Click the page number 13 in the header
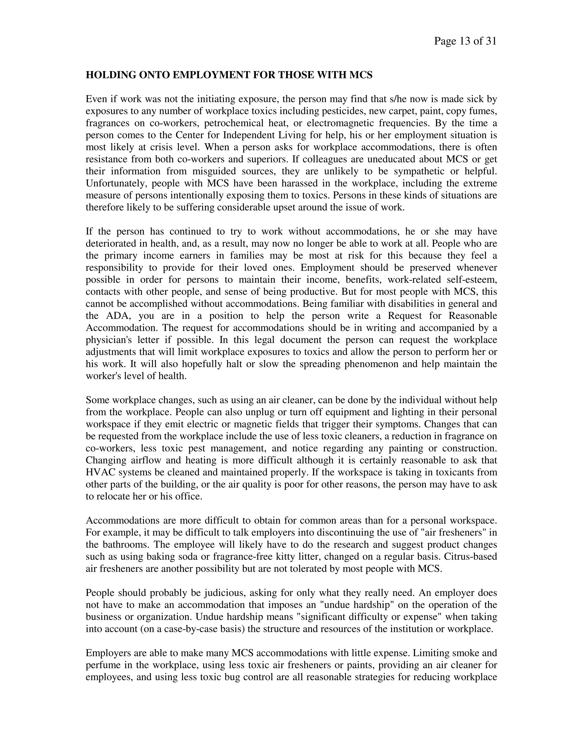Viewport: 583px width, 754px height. pos(465,42)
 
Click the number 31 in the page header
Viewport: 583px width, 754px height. pos(491,42)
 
